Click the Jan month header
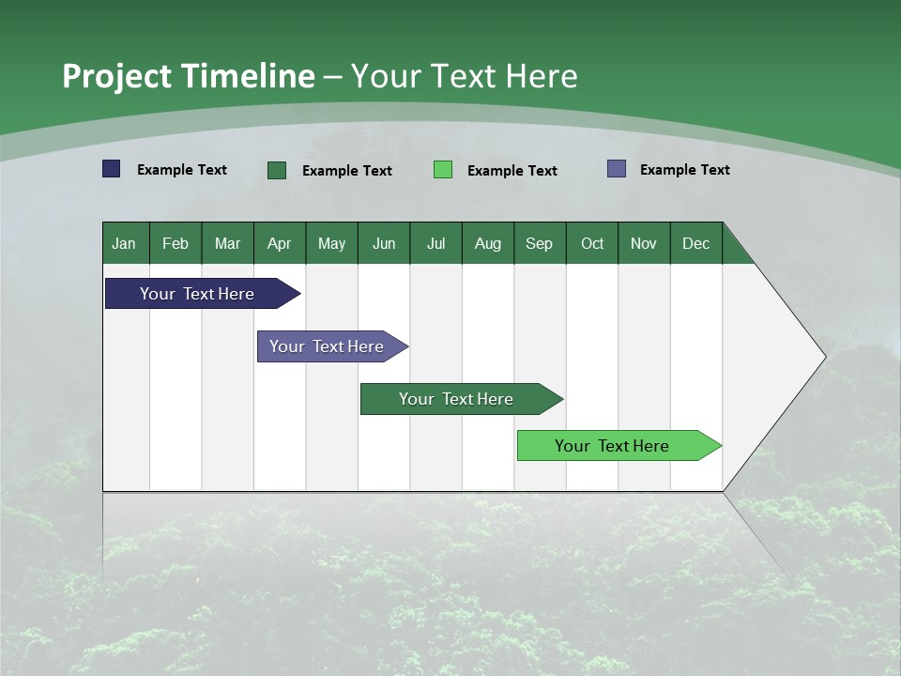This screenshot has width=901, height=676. tap(125, 243)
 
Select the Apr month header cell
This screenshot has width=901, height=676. tap(280, 243)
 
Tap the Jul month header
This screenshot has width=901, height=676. tap(435, 243)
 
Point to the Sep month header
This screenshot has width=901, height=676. tap(540, 243)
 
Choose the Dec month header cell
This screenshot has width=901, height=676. tap(695, 243)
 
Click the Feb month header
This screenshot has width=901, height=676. tap(176, 243)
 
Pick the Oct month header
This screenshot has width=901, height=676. tap(592, 243)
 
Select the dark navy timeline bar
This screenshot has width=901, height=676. tap(197, 294)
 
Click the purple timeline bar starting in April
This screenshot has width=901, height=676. tap(327, 346)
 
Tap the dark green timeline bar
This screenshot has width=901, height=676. tap(456, 399)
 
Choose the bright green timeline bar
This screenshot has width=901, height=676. tap(612, 446)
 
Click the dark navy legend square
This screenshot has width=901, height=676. tap(112, 169)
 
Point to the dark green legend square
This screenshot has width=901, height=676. tap(277, 170)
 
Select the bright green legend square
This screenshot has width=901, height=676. tap(443, 170)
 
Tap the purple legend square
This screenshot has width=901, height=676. tap(617, 169)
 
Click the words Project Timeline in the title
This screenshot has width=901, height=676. tap(188, 76)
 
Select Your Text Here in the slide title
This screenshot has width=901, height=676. tap(464, 76)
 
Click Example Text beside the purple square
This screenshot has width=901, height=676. tap(684, 169)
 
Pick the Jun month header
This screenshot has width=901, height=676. tap(384, 243)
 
